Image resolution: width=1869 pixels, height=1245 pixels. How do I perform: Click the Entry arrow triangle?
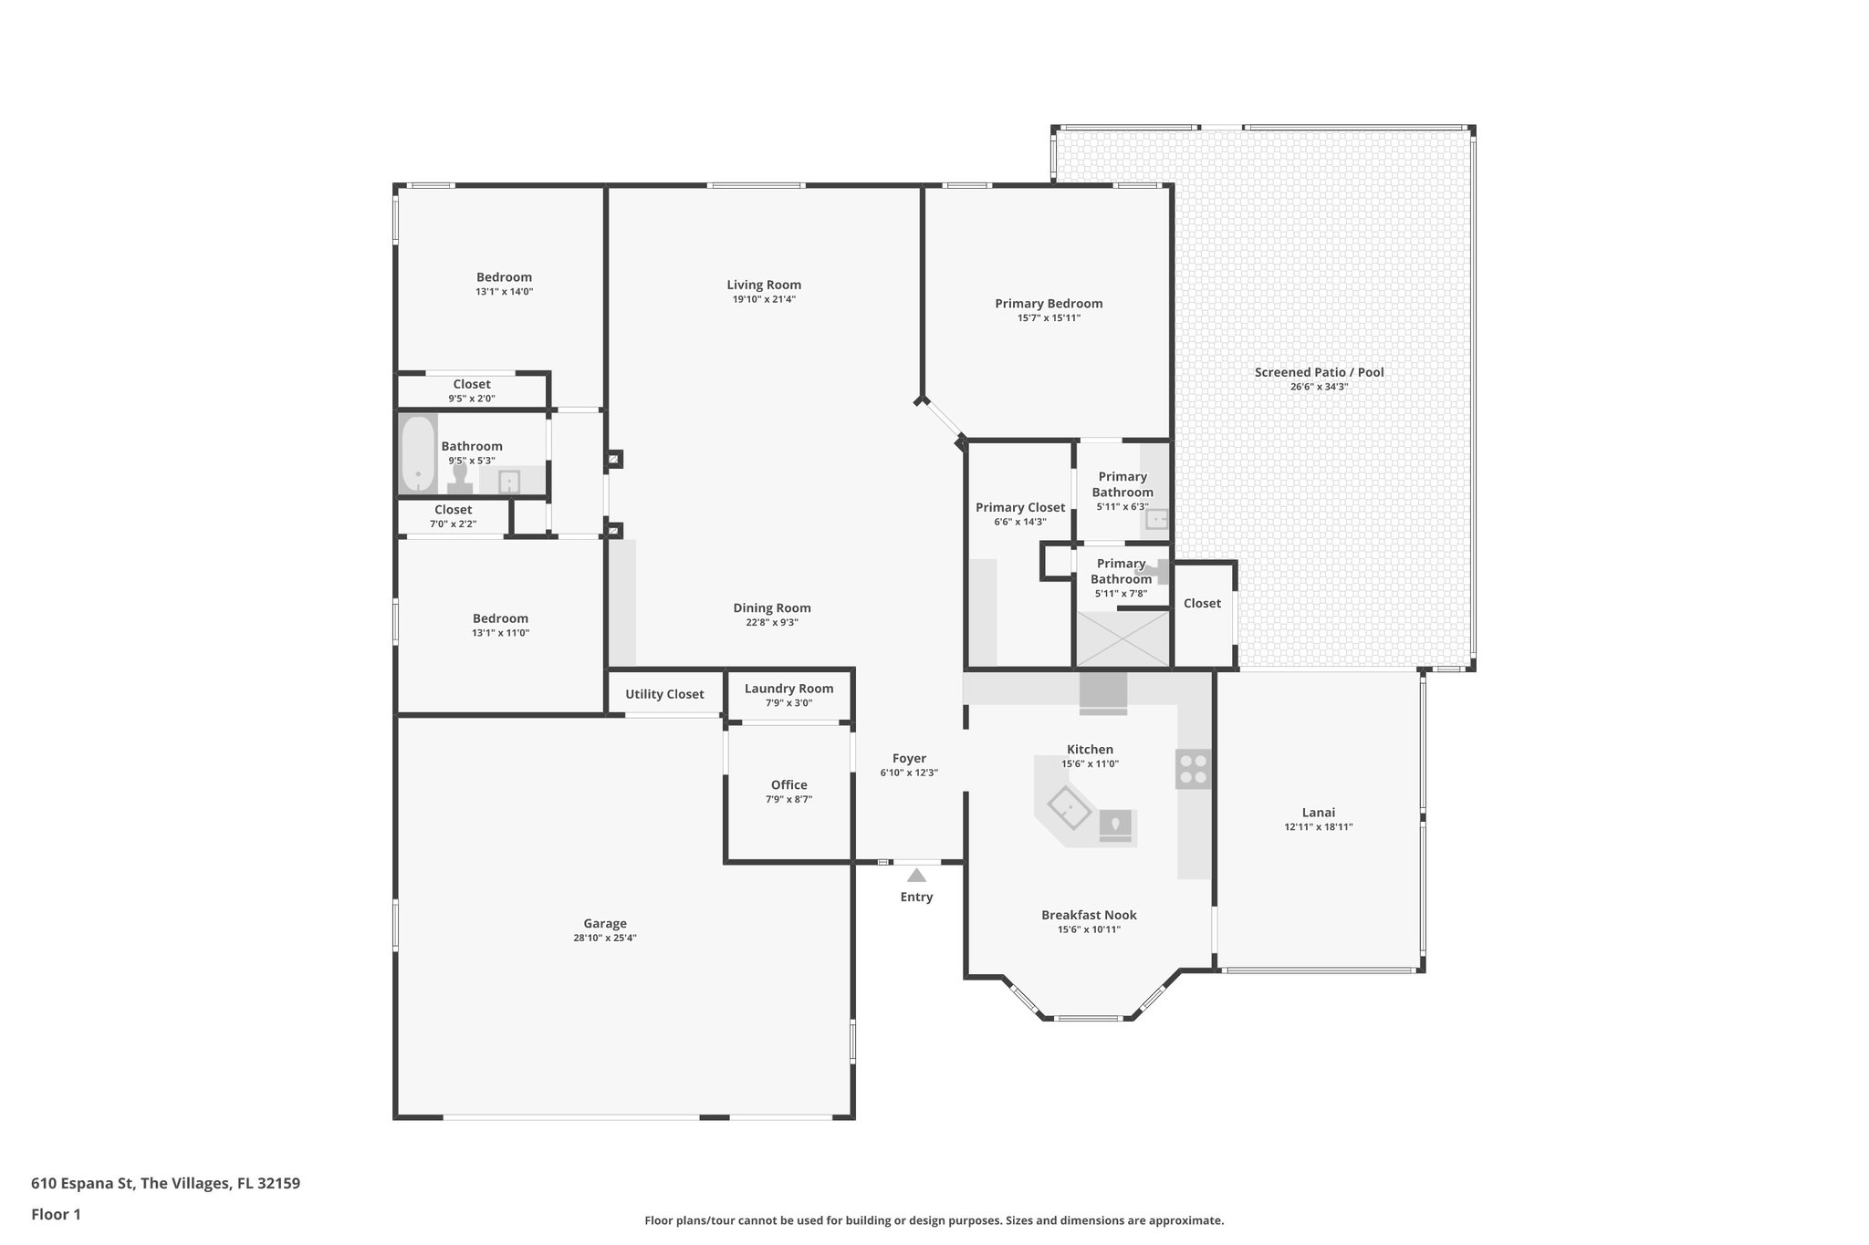pyautogui.click(x=916, y=876)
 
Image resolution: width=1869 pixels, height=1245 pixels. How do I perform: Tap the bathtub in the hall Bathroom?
pyautogui.click(x=418, y=454)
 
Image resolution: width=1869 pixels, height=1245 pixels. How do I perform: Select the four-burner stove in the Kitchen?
pyautogui.click(x=1193, y=768)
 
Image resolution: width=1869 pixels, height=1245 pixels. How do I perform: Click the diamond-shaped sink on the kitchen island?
pyautogui.click(x=1069, y=807)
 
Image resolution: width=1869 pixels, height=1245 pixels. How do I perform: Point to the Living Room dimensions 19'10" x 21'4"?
pyautogui.click(x=764, y=299)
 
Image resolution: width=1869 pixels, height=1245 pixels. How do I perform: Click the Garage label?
pyautogui.click(x=605, y=923)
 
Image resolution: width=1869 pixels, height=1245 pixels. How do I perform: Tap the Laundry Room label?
pyautogui.click(x=788, y=689)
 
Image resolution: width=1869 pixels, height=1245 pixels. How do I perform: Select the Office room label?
pyautogui.click(x=788, y=784)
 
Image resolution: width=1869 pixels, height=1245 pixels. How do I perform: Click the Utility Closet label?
pyautogui.click(x=664, y=694)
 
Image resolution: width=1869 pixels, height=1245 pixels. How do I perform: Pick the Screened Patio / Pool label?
pyautogui.click(x=1319, y=372)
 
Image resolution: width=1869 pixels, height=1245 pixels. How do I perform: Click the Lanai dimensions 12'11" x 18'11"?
pyautogui.click(x=1318, y=827)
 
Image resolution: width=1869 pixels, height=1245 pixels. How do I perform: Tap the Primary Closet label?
pyautogui.click(x=1019, y=507)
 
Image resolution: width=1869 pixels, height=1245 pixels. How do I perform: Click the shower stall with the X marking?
pyautogui.click(x=1122, y=638)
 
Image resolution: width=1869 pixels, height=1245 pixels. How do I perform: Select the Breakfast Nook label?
pyautogui.click(x=1089, y=915)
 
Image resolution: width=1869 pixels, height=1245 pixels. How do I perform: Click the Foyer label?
pyautogui.click(x=909, y=758)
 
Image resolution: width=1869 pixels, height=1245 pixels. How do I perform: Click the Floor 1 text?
pyautogui.click(x=56, y=1214)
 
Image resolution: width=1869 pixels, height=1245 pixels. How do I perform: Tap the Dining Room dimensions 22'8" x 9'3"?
pyautogui.click(x=772, y=623)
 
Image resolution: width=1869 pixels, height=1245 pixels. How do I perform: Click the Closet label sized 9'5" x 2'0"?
pyautogui.click(x=472, y=384)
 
